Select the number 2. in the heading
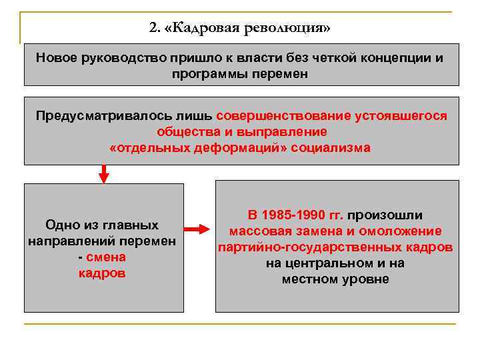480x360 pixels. pos(155,29)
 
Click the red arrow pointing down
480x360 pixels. pos(104,174)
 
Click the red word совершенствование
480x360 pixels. pos(283,115)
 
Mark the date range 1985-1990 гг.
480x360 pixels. pos(295,215)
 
